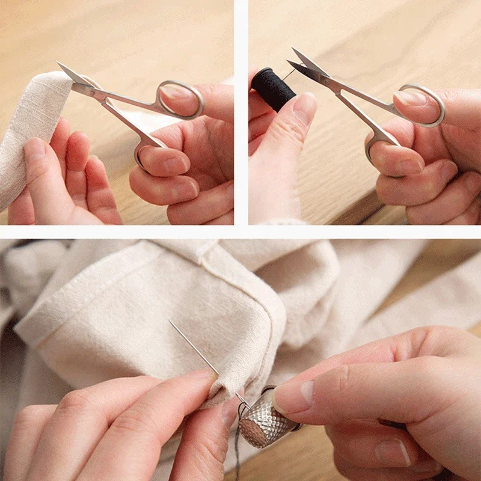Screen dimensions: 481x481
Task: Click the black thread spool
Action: click(x=273, y=88)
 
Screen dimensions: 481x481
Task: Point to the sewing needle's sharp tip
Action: click(x=170, y=322)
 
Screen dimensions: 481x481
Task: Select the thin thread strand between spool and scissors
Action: click(x=290, y=73)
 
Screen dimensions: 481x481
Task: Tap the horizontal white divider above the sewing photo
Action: click(x=240, y=232)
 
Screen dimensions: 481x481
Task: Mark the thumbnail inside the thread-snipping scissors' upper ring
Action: click(x=412, y=97)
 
